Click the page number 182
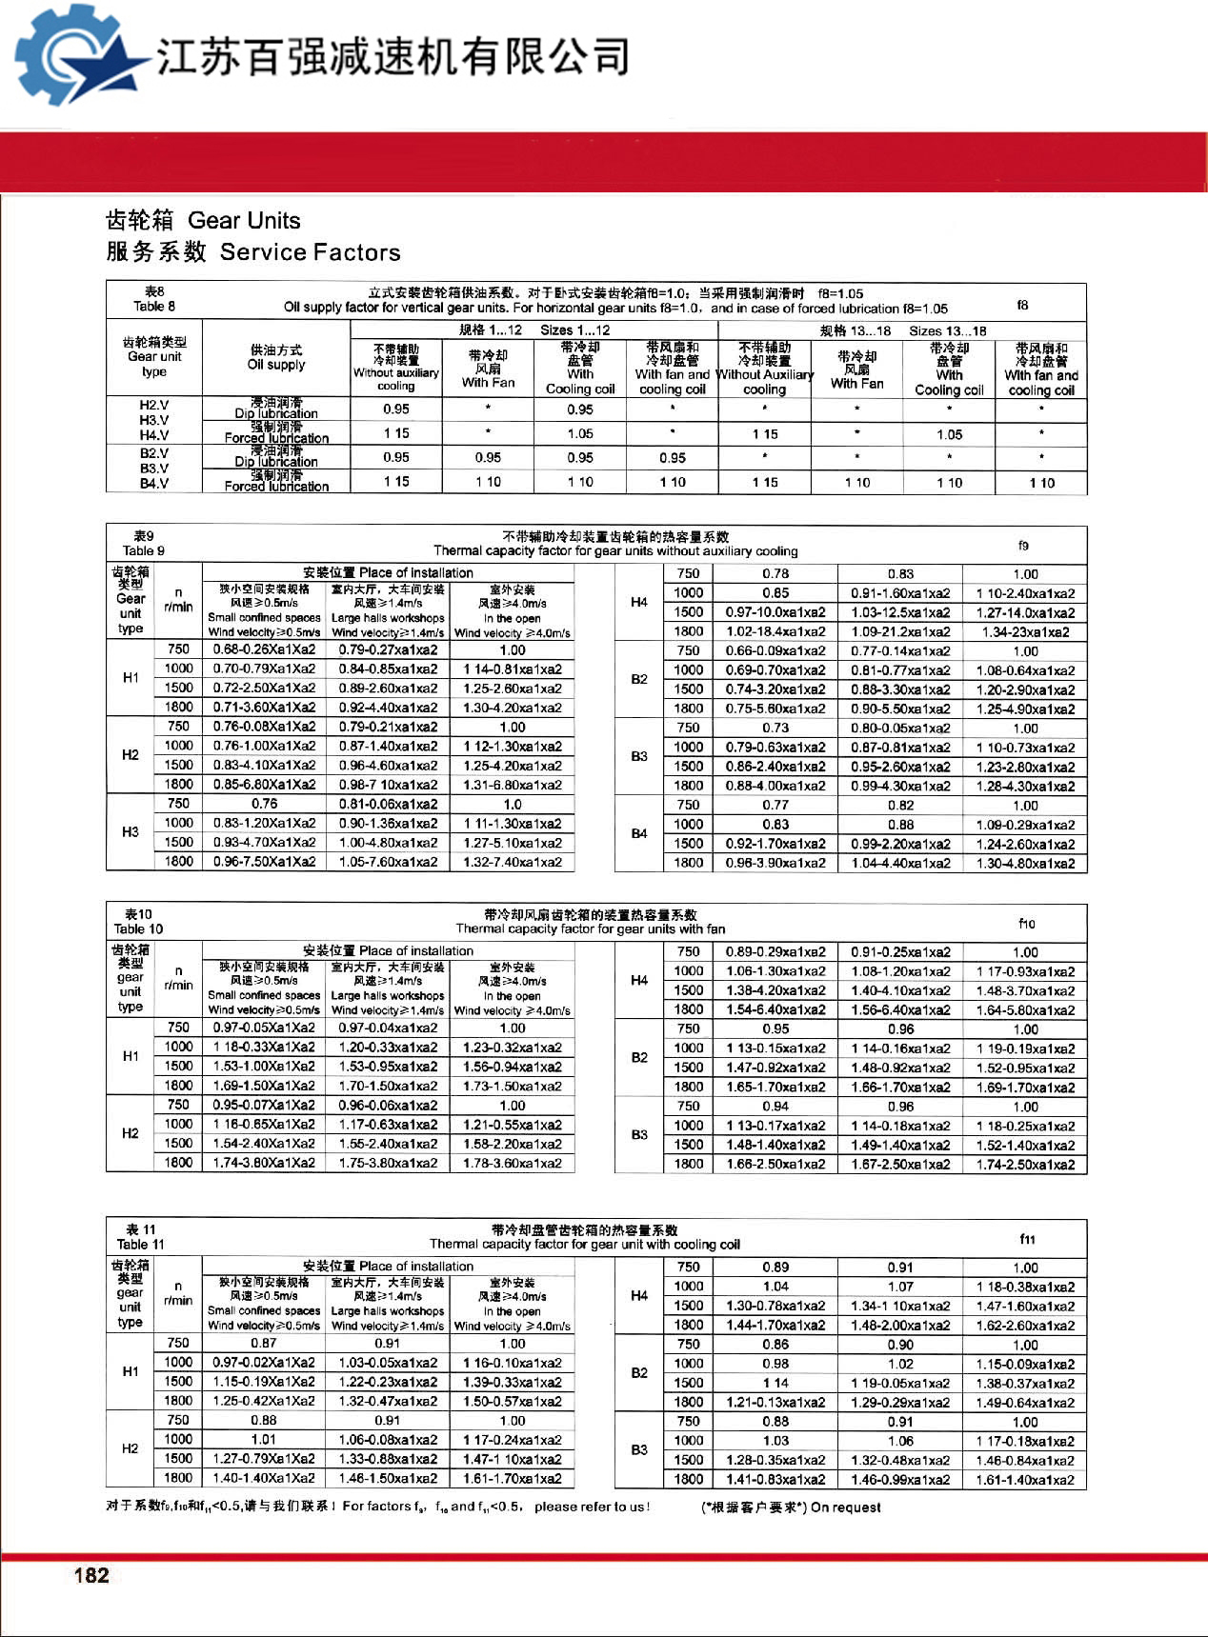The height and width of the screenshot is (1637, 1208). pos(91,1575)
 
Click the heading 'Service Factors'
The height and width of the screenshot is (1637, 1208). pos(310,252)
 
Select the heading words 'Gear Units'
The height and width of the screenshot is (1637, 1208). pos(244,221)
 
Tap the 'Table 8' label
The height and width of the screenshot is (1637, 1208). pos(153,307)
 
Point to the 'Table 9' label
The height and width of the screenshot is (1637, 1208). pos(143,550)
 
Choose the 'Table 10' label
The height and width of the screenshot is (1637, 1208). pos(138,928)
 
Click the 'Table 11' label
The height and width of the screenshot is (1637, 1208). pos(140,1244)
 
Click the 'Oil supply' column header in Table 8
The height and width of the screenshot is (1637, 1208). pos(276,365)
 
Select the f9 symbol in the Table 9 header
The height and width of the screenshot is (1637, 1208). pos(1023,546)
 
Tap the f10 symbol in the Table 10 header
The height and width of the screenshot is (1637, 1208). pos(1026,923)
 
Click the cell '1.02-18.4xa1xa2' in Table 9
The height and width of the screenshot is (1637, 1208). pos(775,631)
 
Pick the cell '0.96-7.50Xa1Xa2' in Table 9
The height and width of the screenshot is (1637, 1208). pos(264,862)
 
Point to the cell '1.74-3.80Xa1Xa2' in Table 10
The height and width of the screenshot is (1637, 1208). pos(264,1163)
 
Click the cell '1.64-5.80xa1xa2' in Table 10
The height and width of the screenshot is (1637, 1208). pos(1025,1009)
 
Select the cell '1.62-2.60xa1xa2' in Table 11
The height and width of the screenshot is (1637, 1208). pos(1025,1326)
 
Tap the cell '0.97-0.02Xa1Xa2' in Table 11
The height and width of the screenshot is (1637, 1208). pos(264,1363)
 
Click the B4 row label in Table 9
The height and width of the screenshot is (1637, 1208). pos(638,834)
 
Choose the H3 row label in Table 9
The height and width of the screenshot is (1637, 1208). pos(131,832)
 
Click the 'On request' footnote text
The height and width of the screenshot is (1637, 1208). pos(846,1507)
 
